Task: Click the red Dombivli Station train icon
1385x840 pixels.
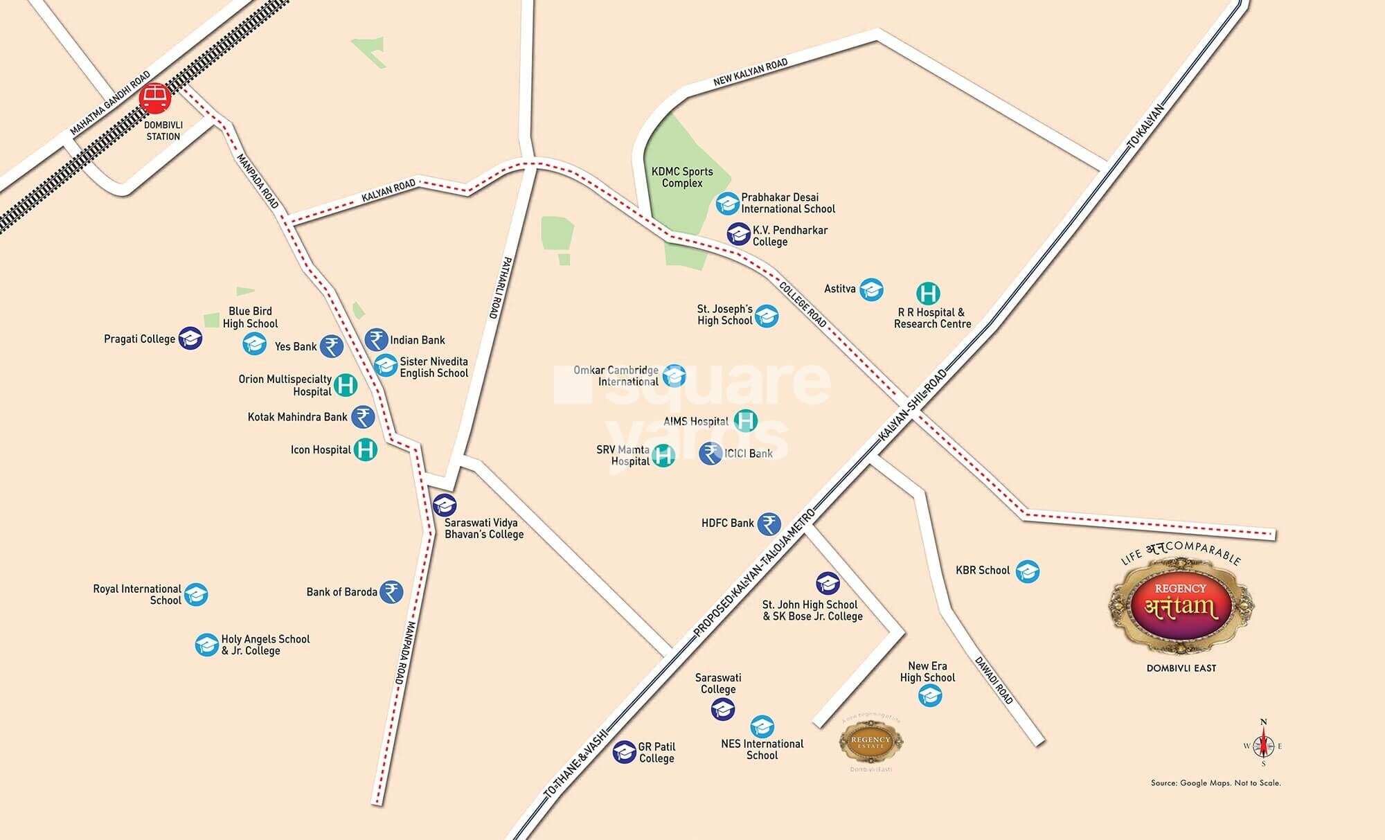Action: click(x=154, y=98)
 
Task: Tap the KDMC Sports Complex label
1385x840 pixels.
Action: click(x=682, y=177)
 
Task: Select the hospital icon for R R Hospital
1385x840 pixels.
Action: click(x=928, y=294)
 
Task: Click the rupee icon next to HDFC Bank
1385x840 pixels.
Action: click(x=769, y=524)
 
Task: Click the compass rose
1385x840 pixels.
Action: click(x=1264, y=746)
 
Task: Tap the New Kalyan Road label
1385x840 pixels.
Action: click(x=751, y=73)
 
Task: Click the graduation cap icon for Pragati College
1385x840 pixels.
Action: click(x=190, y=339)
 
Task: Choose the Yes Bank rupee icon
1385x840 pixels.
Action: click(x=332, y=346)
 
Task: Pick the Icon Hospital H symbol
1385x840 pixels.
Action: click(x=366, y=449)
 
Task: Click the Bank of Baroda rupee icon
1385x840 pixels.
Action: click(x=392, y=592)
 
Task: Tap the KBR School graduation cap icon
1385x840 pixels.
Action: click(x=1028, y=571)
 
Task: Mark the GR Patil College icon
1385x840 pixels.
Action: click(x=625, y=752)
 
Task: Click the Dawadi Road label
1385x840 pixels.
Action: click(x=994, y=680)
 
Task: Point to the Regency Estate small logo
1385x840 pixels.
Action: click(x=870, y=743)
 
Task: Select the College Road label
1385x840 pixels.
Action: click(x=803, y=305)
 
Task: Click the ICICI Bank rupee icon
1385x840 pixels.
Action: click(x=711, y=454)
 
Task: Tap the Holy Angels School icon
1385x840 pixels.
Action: click(x=206, y=645)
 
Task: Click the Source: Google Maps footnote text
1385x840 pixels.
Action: click(x=1215, y=783)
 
